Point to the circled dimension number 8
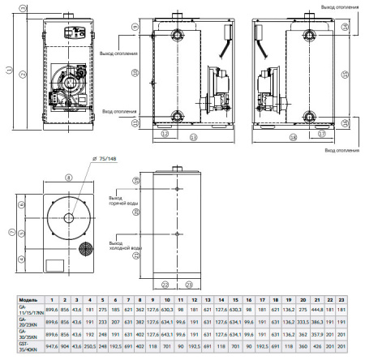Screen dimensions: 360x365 pos(69,176)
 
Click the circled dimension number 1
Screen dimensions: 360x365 pos(8,71)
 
